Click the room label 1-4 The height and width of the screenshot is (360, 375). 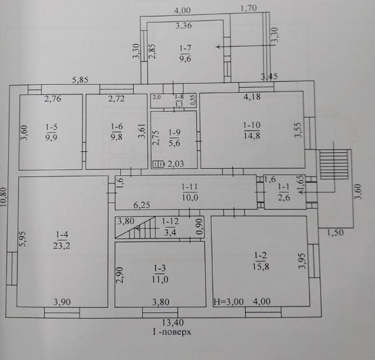pos(62,234)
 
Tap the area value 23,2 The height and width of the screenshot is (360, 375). pos(61,246)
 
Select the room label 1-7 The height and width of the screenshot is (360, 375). pos(185,48)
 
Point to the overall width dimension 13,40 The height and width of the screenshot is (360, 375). pos(173,322)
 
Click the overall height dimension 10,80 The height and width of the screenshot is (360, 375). pos(4,197)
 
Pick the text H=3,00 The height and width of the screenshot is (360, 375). pos(228,302)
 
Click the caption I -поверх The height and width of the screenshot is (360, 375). pos(172,332)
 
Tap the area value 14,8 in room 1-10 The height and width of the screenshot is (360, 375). pos(252,136)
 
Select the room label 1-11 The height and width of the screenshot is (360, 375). pos(189,186)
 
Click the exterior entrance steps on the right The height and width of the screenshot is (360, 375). pos(334,164)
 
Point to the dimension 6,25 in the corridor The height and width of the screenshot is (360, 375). pos(142,205)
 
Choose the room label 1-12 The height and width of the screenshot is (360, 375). pos(170,221)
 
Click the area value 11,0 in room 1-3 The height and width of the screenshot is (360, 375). pos(160,279)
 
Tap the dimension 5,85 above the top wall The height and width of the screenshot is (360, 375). pos(80,80)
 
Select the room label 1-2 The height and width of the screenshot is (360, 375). pos(261,256)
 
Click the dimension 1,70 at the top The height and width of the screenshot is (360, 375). pos(249,8)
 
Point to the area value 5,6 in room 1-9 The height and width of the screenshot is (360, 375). pos(174,143)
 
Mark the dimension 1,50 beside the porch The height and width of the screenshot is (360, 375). pos(335,232)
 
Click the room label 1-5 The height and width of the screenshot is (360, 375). pos(51,127)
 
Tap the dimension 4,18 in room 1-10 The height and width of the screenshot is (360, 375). pos(252,97)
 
